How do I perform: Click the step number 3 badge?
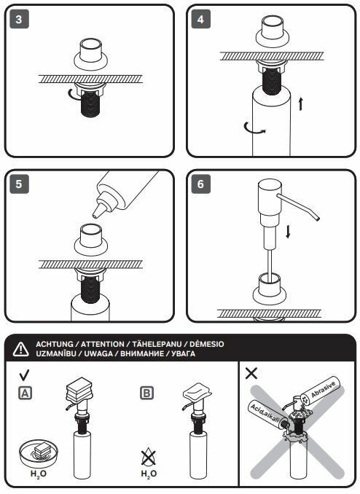tap(19, 19)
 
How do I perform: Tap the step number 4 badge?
tap(201, 19)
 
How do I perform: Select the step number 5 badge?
tap(19, 184)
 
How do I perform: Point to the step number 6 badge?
tap(201, 184)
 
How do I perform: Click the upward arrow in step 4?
tap(300, 104)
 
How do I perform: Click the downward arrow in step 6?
tap(288, 232)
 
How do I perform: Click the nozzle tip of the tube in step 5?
tap(95, 216)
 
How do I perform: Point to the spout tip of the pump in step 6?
tap(317, 218)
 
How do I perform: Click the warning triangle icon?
tap(21, 349)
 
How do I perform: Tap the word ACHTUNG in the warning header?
tap(55, 344)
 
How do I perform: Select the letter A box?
tap(26, 393)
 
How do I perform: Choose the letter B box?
tap(147, 393)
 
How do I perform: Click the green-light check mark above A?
tap(24, 375)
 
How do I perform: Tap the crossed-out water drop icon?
tap(148, 457)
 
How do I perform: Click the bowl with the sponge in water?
tap(39, 453)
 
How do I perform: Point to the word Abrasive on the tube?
tap(323, 389)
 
